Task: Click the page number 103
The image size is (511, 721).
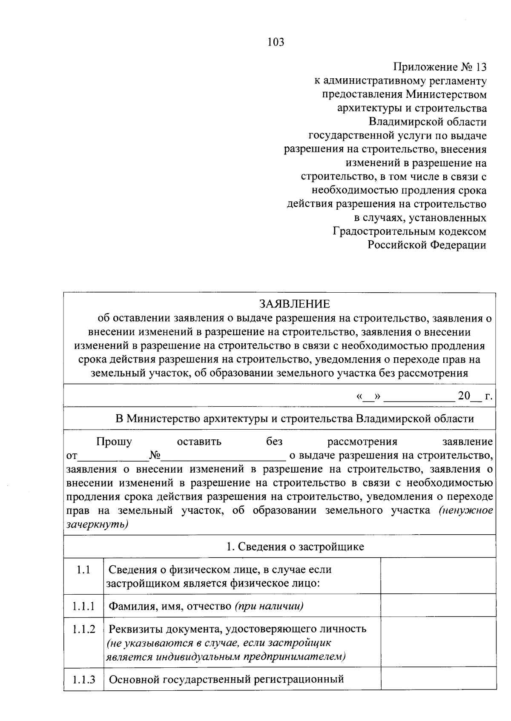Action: click(276, 42)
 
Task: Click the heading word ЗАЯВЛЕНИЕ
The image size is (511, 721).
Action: click(294, 304)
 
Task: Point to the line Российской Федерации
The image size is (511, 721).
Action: click(427, 245)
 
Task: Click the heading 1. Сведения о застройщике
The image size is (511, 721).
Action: click(295, 547)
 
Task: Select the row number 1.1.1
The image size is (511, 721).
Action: click(83, 606)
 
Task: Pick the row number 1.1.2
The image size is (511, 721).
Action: click(83, 629)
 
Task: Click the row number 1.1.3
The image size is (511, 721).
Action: click(83, 679)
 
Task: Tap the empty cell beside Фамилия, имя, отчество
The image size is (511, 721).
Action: click(438, 606)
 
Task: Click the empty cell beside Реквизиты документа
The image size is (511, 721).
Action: click(438, 642)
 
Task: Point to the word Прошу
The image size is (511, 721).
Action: click(114, 442)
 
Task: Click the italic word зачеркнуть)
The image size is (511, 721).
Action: click(98, 524)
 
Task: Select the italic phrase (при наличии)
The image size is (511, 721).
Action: click(269, 606)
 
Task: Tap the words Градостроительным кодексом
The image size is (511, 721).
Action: click(409, 231)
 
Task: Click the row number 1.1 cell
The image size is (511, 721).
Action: click(83, 570)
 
